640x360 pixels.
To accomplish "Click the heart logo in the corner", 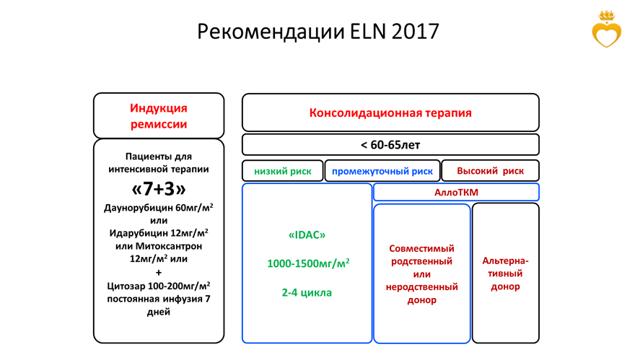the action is [x=607, y=30].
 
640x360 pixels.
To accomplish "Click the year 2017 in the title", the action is [x=415, y=32].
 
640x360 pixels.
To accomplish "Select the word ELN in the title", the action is [x=368, y=32].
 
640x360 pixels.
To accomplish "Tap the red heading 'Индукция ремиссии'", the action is [x=159, y=116].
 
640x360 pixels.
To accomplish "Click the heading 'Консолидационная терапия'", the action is [x=390, y=113].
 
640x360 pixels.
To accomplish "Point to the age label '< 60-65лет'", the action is [x=390, y=145].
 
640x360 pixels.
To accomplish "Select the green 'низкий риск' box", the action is [x=282, y=171].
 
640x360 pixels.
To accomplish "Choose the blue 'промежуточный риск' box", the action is [x=382, y=171].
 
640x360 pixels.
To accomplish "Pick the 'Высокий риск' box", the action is [x=490, y=171].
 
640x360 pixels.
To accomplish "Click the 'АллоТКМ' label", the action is [x=456, y=192].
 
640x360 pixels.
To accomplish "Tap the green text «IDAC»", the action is [x=307, y=234].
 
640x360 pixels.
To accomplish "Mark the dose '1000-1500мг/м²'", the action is [x=308, y=263].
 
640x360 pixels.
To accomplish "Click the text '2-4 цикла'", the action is [x=307, y=292].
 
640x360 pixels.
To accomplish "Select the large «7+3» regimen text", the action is [x=159, y=188].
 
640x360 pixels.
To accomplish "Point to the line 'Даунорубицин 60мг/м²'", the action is [x=159, y=208].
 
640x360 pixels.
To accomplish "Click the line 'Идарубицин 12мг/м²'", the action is [x=159, y=233].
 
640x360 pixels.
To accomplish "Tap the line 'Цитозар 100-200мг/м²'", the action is [x=159, y=286].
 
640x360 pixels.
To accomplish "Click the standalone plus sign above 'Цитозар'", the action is [x=159, y=272].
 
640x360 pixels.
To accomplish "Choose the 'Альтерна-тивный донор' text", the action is [x=505, y=273].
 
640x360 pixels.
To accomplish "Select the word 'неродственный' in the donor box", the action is [x=421, y=287].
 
